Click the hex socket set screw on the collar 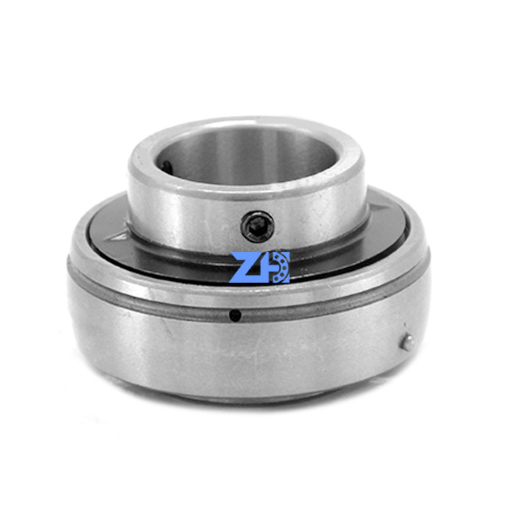click(x=258, y=226)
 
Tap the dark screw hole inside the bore click(x=166, y=166)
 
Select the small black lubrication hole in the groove click(x=235, y=316)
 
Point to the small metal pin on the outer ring click(x=408, y=342)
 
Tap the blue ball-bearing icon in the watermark click(x=280, y=267)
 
